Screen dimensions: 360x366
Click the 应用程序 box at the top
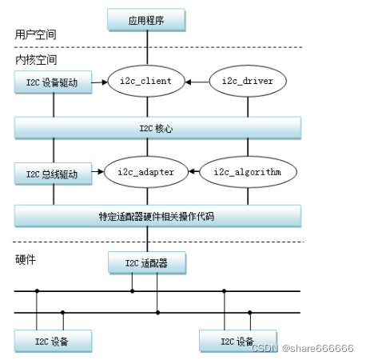pyautogui.click(x=146, y=18)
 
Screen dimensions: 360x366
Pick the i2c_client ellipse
pyautogui.click(x=146, y=81)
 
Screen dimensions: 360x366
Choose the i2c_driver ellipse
pyautogui.click(x=247, y=81)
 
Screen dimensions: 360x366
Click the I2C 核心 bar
pyautogui.click(x=157, y=126)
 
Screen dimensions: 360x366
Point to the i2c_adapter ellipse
pyautogui.click(x=146, y=171)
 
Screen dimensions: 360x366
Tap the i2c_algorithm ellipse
pyautogui.click(x=247, y=171)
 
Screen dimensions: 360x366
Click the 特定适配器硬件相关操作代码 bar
pyautogui.click(x=157, y=216)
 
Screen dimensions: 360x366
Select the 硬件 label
pyautogui.click(x=26, y=260)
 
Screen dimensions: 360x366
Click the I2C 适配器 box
pyautogui.click(x=146, y=262)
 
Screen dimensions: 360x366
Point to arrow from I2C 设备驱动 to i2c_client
pyautogui.click(x=99, y=81)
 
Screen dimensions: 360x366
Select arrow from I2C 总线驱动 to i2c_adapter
pyautogui.click(x=99, y=171)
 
